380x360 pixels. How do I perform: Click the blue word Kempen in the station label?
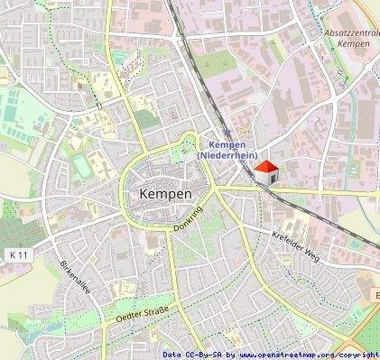[x=227, y=144]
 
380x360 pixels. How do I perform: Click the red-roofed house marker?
[x=265, y=171]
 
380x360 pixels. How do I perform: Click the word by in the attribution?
[x=231, y=355]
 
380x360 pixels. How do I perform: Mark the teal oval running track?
[x=83, y=165]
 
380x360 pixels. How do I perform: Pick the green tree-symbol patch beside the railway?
[x=215, y=65]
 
